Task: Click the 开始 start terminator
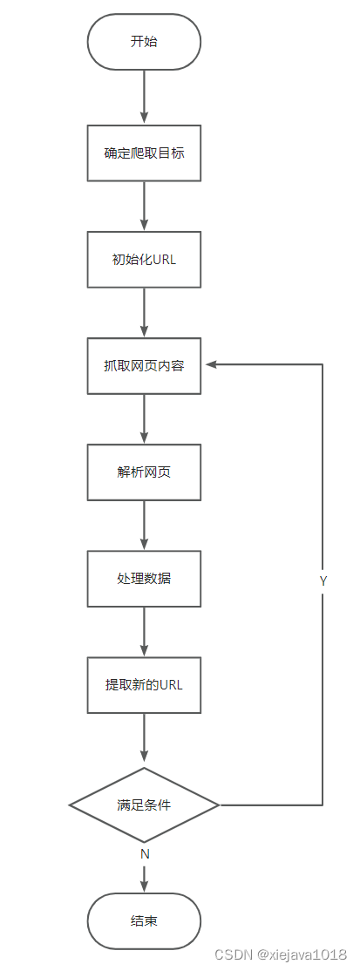click(x=144, y=42)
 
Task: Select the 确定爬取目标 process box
click(x=144, y=153)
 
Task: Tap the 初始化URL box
click(x=144, y=259)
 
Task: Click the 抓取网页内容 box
click(x=144, y=365)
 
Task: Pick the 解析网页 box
click(x=144, y=472)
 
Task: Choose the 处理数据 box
click(x=144, y=578)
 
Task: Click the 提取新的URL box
click(x=144, y=684)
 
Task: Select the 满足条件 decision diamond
click(x=144, y=805)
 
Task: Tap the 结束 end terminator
click(x=144, y=921)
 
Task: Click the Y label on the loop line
click(x=323, y=580)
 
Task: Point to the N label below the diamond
click(x=145, y=854)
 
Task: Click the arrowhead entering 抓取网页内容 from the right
click(x=209, y=366)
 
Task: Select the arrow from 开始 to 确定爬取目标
click(x=144, y=97)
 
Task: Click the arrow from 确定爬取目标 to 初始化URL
click(x=144, y=206)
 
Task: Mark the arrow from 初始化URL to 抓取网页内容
click(x=144, y=312)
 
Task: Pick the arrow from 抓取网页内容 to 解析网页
click(x=144, y=418)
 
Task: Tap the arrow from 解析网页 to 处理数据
click(x=144, y=525)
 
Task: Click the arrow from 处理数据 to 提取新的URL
click(x=144, y=631)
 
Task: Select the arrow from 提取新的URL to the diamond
click(x=144, y=739)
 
